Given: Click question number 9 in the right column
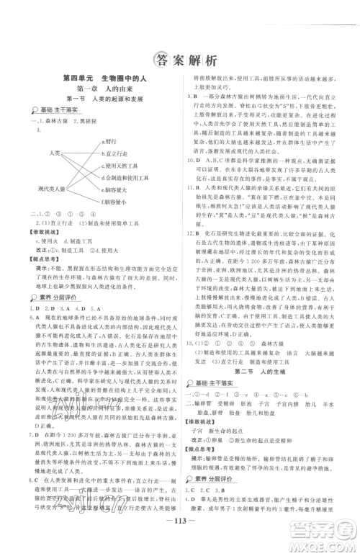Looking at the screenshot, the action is (189, 95).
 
